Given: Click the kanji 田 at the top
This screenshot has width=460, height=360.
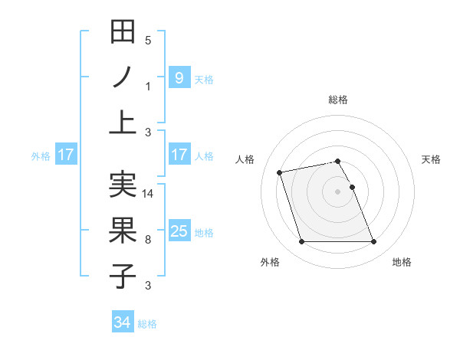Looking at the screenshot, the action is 123,32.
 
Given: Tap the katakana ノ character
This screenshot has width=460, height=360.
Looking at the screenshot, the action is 123,77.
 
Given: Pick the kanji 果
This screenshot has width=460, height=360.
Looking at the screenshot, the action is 123,231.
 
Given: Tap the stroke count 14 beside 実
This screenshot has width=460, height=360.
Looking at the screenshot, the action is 149,194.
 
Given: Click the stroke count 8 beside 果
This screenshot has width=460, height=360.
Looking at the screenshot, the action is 148,240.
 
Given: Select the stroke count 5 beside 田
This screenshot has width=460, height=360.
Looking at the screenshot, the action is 148,41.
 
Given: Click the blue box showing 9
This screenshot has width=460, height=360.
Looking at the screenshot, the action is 179,77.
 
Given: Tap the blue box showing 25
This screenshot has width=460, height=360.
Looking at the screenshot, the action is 179,231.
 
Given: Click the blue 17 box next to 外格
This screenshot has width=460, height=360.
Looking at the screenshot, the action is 66,155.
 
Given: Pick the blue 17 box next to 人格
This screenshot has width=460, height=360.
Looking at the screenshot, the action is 179,155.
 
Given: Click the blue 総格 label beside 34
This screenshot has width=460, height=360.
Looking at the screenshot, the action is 147,324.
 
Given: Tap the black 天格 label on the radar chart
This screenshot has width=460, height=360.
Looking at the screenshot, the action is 432,159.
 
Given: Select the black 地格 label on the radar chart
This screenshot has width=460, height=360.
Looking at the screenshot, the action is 402,262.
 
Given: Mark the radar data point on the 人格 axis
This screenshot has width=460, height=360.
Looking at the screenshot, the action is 280,172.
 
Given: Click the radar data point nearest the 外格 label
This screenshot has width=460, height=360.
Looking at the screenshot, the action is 301,242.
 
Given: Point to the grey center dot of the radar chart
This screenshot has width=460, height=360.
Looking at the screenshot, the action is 337,191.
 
